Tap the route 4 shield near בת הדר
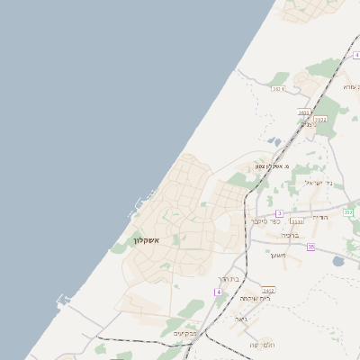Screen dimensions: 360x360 [x=218, y=292]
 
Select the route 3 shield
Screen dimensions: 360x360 [x=279, y=213]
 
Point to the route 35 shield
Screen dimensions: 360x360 [x=310, y=247]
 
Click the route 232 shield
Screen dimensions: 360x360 [x=348, y=211]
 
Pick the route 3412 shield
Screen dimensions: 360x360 [x=268, y=290]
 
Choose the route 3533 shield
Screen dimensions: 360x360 [x=297, y=220]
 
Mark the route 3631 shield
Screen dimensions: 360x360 [x=303, y=112]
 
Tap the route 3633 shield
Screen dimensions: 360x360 [x=320, y=119]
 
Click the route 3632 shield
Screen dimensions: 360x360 [x=278, y=89]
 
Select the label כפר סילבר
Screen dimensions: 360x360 [x=265, y=220]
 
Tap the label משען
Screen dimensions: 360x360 [x=277, y=255]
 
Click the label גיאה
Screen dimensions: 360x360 [x=240, y=319]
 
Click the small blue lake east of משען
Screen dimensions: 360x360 [x=337, y=262]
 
